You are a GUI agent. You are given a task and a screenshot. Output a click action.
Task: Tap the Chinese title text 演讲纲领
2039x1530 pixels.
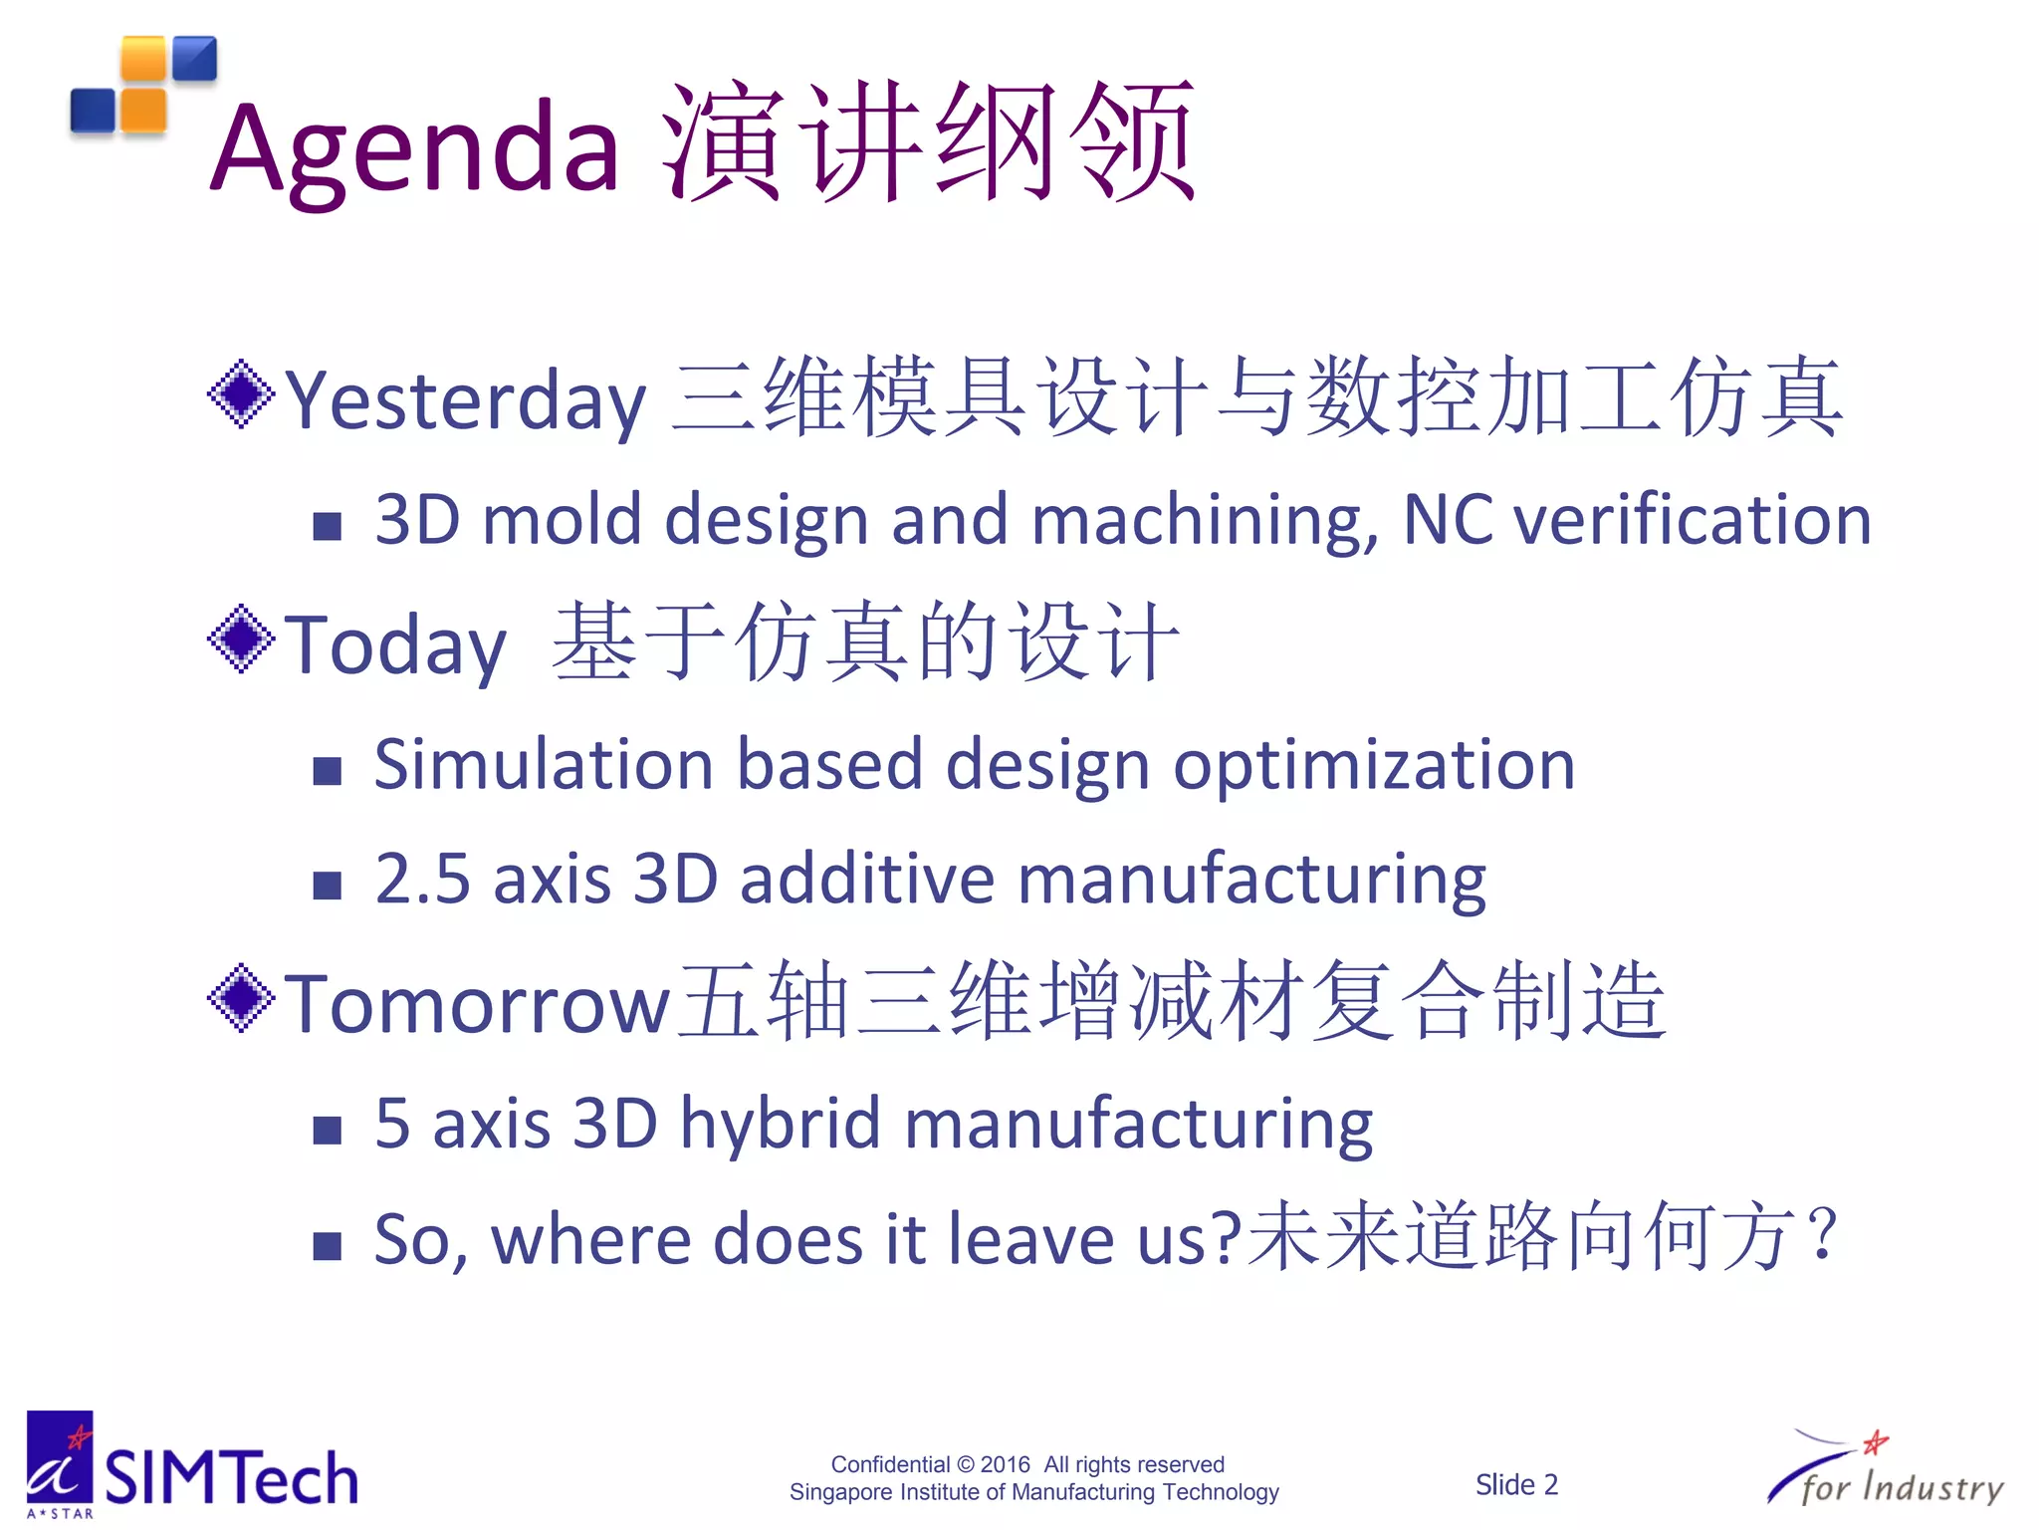928,141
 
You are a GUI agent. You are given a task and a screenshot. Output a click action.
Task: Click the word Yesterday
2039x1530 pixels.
466,400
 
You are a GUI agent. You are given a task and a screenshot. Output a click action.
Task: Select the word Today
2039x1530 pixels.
395,645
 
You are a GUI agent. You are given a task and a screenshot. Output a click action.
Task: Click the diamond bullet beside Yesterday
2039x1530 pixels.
241,394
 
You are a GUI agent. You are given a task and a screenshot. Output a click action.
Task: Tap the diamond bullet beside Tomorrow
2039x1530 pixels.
241,998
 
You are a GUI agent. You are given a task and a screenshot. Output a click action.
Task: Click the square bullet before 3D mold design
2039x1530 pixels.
327,525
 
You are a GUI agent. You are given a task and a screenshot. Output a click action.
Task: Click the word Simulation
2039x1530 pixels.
544,765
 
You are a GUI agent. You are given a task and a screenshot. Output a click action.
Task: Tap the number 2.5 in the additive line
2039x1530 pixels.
422,880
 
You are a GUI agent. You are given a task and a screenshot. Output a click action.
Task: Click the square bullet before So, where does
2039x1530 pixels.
327,1245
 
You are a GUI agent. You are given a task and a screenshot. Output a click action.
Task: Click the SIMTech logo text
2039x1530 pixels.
231,1477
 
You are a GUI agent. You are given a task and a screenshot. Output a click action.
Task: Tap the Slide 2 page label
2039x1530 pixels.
1515,1484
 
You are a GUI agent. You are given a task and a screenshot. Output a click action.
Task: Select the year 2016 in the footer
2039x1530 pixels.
1005,1464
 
